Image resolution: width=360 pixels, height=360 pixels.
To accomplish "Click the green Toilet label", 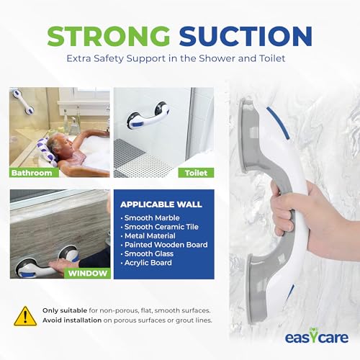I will [x=196, y=173].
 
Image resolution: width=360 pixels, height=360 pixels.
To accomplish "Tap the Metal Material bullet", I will [x=153, y=238].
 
